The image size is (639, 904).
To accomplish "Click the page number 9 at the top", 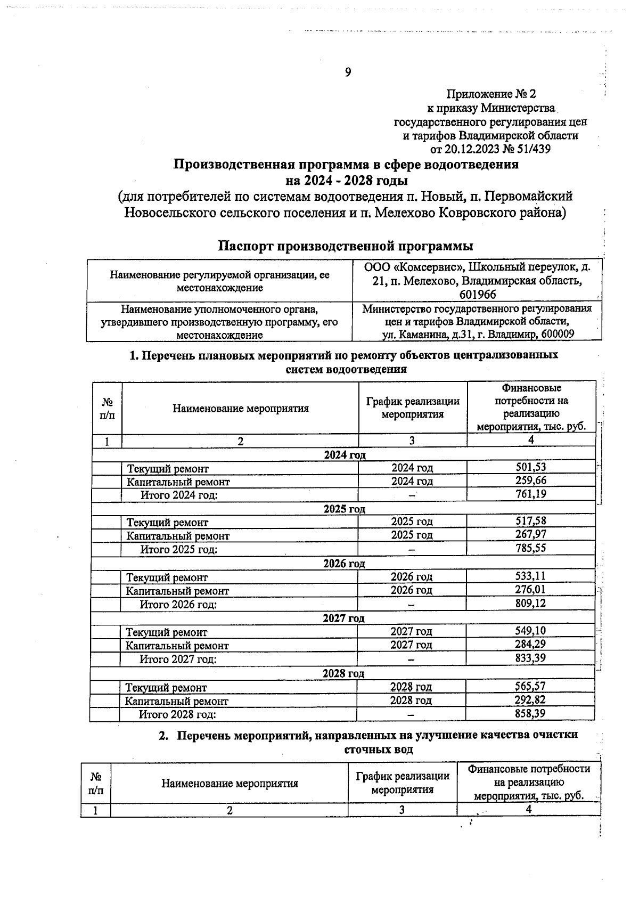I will pyautogui.click(x=348, y=72).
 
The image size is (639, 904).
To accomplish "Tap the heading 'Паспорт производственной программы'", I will pyautogui.click(x=346, y=246).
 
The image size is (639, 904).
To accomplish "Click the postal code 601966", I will pyautogui.click(x=477, y=295).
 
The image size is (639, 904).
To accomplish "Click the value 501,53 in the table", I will pyautogui.click(x=531, y=467).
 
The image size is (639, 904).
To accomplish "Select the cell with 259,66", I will pyautogui.click(x=531, y=480).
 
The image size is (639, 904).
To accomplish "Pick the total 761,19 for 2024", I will pyautogui.click(x=531, y=494).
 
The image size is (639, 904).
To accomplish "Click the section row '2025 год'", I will pyautogui.click(x=344, y=508).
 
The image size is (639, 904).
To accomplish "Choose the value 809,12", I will pyautogui.click(x=530, y=603).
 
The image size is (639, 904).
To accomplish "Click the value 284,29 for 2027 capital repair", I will pyautogui.click(x=530, y=644).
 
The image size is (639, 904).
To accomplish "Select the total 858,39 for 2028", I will pyautogui.click(x=530, y=713).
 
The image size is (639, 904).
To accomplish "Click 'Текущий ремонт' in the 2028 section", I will pyautogui.click(x=166, y=688).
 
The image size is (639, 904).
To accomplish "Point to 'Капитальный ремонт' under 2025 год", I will pyautogui.click(x=177, y=536).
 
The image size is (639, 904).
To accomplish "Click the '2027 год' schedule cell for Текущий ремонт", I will pyautogui.click(x=411, y=631).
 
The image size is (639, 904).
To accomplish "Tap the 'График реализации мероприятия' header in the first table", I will pyautogui.click(x=413, y=408).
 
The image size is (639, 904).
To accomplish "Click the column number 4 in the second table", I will pyautogui.click(x=529, y=809).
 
